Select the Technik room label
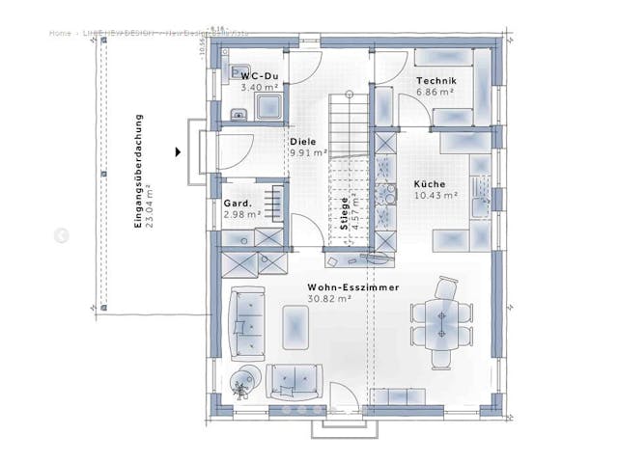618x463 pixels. coord(435,81)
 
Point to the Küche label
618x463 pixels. coord(430,183)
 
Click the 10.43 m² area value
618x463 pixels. coord(436,195)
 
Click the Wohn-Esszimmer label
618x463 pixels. coord(353,287)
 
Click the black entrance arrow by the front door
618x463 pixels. coord(178,151)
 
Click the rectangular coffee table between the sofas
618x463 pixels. coord(295,325)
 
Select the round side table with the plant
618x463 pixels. coord(244,379)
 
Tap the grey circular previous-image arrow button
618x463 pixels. coord(61,235)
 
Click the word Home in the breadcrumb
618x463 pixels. coord(60,33)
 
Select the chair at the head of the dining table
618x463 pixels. coord(447,287)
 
